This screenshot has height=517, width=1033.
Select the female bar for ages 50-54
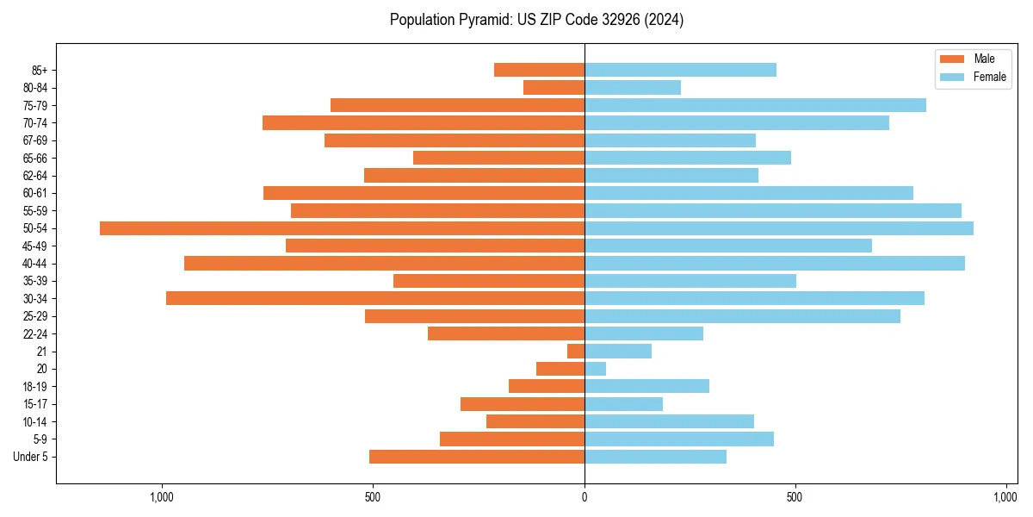click(x=779, y=228)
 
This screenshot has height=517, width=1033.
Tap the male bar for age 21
click(x=576, y=352)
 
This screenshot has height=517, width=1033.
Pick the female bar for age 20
click(x=595, y=369)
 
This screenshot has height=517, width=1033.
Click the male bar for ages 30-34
click(x=375, y=298)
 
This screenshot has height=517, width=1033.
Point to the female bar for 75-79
click(x=755, y=105)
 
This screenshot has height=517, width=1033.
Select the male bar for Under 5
click(x=477, y=457)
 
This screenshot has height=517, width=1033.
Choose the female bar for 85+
click(x=680, y=70)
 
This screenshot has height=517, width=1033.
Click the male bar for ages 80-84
click(x=554, y=87)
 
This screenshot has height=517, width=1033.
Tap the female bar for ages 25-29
click(x=742, y=316)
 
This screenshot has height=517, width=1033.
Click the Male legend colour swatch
click(x=952, y=59)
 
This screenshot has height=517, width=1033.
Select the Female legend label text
click(x=990, y=77)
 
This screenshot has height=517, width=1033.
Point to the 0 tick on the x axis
click(x=585, y=497)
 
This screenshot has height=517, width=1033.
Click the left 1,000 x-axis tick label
click(x=162, y=497)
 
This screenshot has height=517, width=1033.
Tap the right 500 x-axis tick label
click(x=795, y=497)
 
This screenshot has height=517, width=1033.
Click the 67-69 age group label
click(x=35, y=140)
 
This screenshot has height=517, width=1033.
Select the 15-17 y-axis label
click(x=35, y=404)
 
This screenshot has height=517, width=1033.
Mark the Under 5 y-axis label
click(x=30, y=457)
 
